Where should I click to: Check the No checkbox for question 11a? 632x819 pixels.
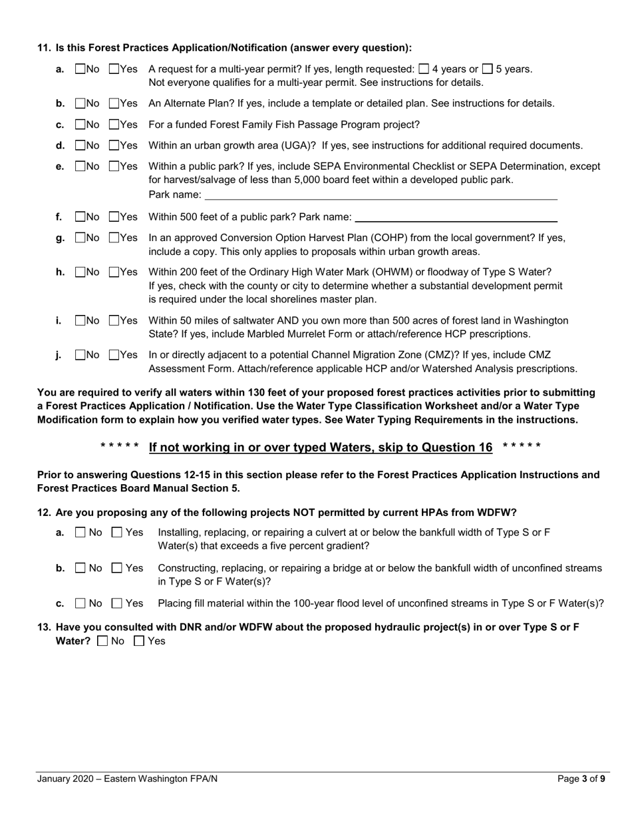click(80, 69)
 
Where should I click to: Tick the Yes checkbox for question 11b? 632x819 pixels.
click(114, 103)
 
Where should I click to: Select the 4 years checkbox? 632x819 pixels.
click(423, 69)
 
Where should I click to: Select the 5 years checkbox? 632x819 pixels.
click(487, 69)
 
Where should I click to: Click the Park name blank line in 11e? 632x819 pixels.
click(380, 194)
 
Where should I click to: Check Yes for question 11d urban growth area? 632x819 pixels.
click(114, 145)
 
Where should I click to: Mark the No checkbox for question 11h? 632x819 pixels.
click(80, 272)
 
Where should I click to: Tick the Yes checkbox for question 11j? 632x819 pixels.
click(114, 355)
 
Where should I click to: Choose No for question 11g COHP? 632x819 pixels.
click(80, 238)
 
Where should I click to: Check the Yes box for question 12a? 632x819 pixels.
click(117, 532)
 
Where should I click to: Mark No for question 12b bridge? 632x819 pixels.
click(80, 568)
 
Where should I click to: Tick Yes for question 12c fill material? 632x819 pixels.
click(117, 603)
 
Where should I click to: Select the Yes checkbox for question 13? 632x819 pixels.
click(139, 641)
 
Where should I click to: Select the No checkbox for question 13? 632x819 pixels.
click(102, 641)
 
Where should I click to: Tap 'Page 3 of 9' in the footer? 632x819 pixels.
click(580, 779)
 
